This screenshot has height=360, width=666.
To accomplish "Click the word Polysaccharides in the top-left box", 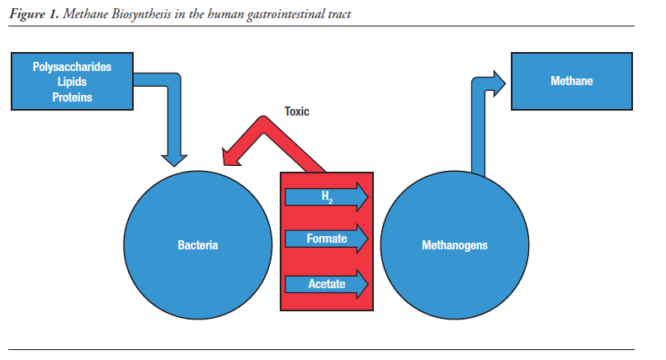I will point(72,67).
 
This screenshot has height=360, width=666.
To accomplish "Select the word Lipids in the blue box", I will point(72,82).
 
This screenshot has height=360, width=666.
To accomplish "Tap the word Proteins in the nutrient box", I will point(72,97).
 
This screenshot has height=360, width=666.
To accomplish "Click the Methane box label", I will point(571,81).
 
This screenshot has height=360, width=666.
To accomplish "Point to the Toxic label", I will point(296,111).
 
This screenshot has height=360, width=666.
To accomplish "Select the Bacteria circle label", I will point(198,245).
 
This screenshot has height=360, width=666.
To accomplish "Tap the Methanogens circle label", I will point(454,245).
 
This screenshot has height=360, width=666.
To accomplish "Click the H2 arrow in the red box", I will point(326,197).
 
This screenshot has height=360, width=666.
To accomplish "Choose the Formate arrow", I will point(326,240).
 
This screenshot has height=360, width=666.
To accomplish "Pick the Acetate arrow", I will point(326,285).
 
